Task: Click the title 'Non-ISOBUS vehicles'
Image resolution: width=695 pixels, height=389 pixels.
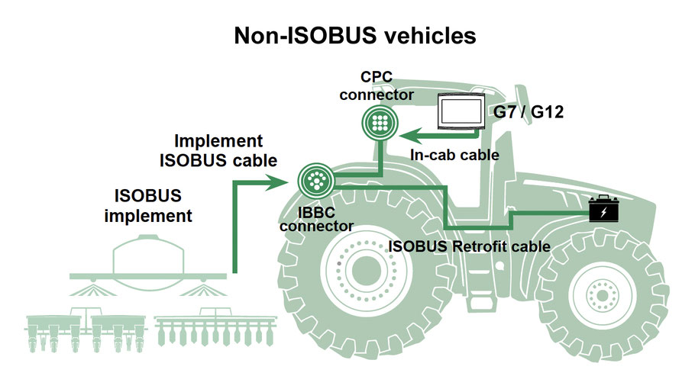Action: click(347, 36)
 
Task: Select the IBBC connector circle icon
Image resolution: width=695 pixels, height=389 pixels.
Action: click(315, 181)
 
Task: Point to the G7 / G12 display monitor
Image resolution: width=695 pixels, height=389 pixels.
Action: click(462, 112)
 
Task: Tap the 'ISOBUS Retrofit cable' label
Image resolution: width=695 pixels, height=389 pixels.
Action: click(469, 246)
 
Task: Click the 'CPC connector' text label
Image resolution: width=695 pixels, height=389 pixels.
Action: click(377, 85)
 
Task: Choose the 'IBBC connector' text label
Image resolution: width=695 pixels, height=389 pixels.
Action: click(316, 219)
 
